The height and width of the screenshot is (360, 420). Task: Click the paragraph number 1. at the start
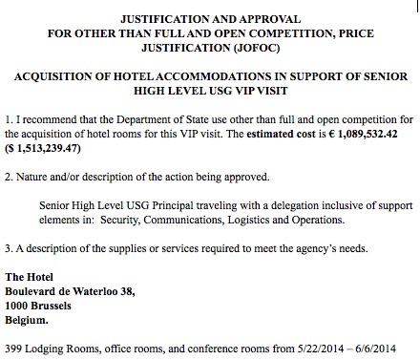coord(10,119)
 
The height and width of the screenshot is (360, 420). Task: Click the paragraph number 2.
coord(10,178)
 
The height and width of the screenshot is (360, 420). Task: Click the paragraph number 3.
coord(10,251)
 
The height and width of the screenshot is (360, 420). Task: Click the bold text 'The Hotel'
coord(30,277)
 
